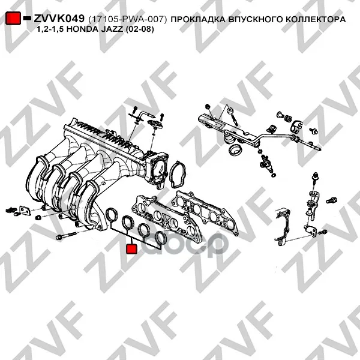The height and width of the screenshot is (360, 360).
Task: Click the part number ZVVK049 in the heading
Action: (59, 19)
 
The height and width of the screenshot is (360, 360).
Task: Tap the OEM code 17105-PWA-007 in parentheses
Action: (127, 20)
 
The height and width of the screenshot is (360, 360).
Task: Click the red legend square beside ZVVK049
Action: (13, 18)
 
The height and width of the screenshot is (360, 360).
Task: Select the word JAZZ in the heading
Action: (112, 29)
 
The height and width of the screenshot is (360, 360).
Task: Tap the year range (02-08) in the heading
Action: (140, 29)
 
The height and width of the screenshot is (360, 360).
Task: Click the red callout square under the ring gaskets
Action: (132, 249)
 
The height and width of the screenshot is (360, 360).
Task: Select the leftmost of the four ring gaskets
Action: (112, 215)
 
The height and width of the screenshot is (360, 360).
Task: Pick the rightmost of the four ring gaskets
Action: (161, 238)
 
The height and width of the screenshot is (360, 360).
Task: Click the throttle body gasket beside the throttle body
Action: (178, 175)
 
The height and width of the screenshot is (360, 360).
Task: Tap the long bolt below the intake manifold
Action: (66, 236)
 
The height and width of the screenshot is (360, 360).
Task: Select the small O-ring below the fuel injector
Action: (273, 175)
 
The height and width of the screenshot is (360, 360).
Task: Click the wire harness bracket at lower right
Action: (283, 227)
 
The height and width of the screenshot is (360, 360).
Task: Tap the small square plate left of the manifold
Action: (25, 211)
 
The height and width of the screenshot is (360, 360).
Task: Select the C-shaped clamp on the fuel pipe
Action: (297, 127)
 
